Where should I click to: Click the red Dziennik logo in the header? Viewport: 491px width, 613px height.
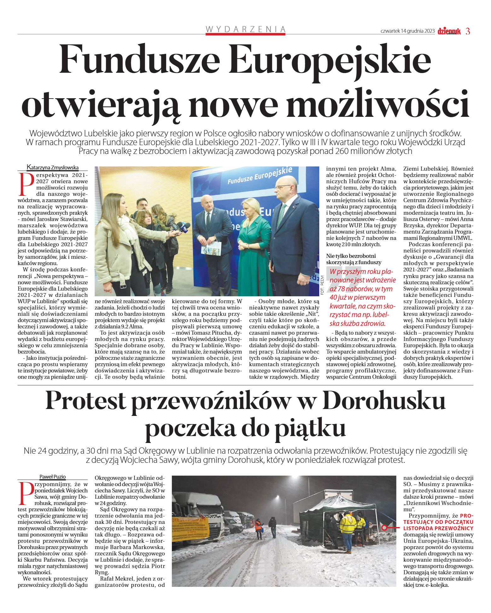click(x=449, y=31)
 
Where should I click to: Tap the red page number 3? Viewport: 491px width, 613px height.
click(x=468, y=31)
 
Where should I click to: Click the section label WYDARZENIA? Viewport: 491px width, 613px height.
click(x=245, y=29)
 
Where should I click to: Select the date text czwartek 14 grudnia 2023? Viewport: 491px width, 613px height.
click(x=407, y=31)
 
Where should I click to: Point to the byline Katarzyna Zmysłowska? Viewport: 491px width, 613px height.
click(x=53, y=167)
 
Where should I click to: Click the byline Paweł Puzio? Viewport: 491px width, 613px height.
click(x=53, y=477)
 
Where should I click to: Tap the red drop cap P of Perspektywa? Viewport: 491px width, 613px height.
click(x=26, y=184)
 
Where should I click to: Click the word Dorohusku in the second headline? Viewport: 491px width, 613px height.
click(x=384, y=401)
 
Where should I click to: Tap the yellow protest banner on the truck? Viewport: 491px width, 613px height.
click(x=190, y=529)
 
